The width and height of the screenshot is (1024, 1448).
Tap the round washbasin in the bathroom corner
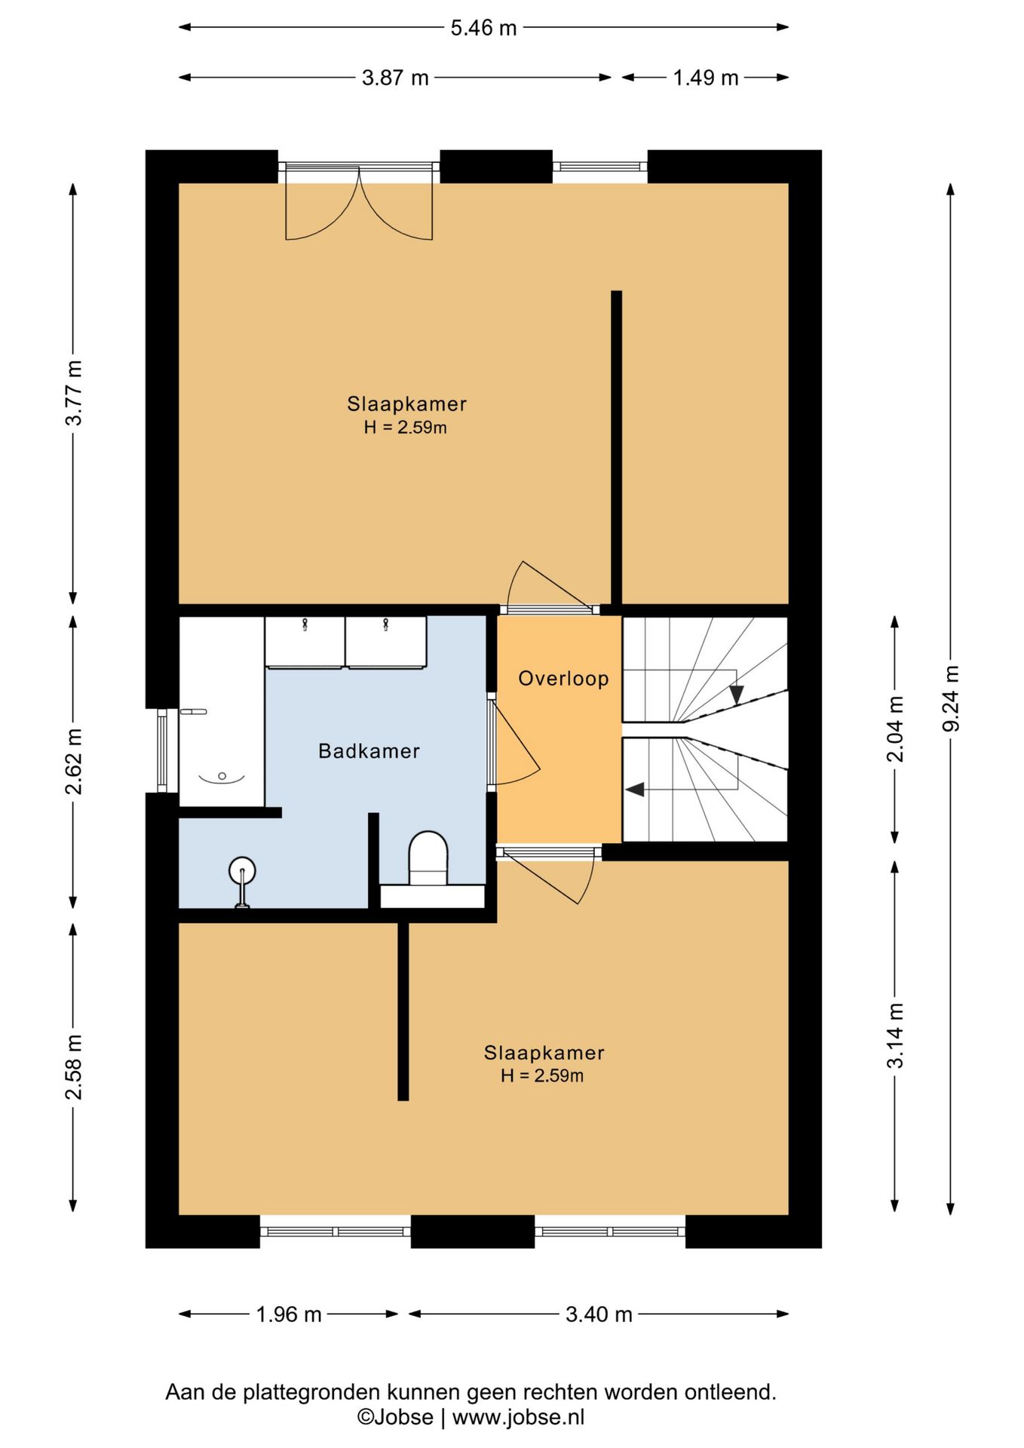242,873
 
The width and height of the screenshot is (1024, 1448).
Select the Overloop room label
563,679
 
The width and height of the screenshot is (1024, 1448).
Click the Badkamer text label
369,751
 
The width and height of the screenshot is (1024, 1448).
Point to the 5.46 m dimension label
483,28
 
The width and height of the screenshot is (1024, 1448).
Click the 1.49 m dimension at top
706,78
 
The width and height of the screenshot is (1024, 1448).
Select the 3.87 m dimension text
395,78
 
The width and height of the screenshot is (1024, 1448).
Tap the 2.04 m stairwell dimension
895,729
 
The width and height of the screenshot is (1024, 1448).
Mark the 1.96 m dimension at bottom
289,1315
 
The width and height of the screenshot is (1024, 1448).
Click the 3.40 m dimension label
599,1315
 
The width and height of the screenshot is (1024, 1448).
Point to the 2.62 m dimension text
74,762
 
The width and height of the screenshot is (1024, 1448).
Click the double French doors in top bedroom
359,201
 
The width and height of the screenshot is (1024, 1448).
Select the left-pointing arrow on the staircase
635,790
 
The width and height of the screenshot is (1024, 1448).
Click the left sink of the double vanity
305,642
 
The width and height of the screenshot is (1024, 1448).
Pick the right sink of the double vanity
386,642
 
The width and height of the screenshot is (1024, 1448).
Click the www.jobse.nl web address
518,1417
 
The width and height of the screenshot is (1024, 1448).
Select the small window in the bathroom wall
162,750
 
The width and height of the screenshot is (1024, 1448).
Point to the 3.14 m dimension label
895,1035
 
